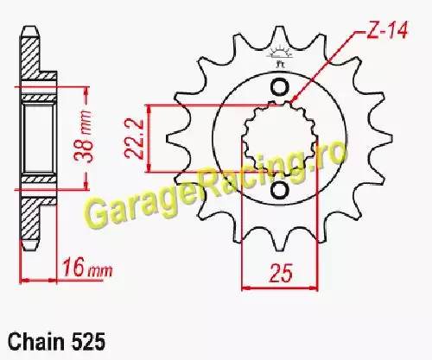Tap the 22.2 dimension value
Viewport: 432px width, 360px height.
[x=134, y=139]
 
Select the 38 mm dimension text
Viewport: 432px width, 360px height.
[x=84, y=136]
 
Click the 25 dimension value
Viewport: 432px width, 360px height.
[x=281, y=273]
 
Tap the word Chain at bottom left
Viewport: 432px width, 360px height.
[x=36, y=342]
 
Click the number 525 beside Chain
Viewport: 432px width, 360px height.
[x=87, y=342]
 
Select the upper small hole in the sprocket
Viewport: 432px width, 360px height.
[x=279, y=87]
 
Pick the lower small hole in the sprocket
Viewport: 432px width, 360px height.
[x=279, y=190]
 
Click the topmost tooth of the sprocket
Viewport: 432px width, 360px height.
[x=278, y=36]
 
